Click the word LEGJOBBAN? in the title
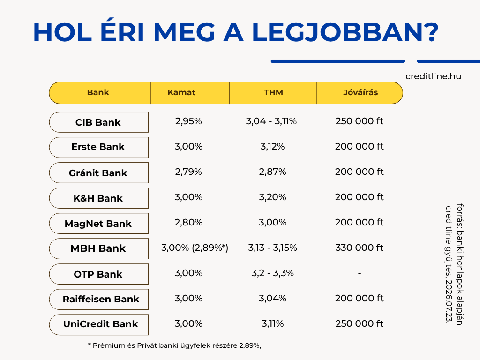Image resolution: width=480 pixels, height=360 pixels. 345,32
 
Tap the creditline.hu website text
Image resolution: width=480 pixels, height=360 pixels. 433,76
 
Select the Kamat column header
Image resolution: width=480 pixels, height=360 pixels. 181,92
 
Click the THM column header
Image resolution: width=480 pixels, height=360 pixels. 273,92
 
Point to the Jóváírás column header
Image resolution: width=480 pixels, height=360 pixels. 360,92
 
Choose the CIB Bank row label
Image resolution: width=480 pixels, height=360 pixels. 98,122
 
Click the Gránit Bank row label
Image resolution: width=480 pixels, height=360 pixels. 98,172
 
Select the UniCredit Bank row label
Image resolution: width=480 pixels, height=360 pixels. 100,324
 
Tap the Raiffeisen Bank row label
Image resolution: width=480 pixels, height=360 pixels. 101,299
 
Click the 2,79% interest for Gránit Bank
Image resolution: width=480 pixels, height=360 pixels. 188,172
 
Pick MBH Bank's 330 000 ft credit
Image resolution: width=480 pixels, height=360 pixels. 360,247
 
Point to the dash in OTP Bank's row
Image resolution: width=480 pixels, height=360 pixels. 360,273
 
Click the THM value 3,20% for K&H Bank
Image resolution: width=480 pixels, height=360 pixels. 272,197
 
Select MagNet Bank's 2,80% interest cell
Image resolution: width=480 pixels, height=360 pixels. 188,222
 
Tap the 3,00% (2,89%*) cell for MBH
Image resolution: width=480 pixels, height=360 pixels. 195,247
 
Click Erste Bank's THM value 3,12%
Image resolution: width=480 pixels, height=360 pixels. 272,146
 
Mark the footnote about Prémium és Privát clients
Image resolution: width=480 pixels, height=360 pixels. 174,345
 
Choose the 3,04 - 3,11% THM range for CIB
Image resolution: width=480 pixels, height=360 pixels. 271,121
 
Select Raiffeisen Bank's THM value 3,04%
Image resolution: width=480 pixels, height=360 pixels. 272,298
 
